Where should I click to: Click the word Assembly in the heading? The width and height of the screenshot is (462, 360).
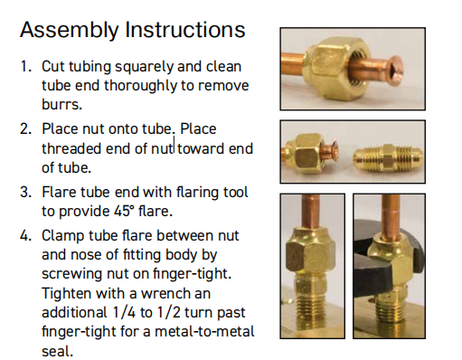pos(70,30)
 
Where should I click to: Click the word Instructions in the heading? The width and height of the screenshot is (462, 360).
pos(185,30)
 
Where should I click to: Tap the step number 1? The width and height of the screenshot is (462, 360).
pos(25,66)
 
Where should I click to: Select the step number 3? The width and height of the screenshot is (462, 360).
pos(25,192)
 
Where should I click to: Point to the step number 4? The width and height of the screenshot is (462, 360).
pos(25,235)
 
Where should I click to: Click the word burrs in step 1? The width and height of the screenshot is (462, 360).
pos(61,104)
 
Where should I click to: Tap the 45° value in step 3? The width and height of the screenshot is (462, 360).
pos(124,211)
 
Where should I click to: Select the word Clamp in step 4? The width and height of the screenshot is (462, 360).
pos(63,236)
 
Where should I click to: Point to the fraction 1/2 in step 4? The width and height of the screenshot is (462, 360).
pos(168,312)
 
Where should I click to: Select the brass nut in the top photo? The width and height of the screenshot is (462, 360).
pos(333,67)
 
